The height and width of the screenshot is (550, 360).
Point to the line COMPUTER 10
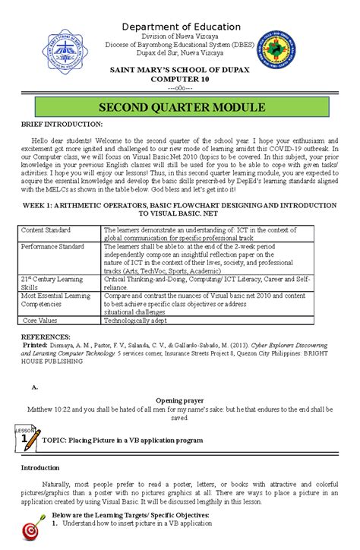click(180, 79)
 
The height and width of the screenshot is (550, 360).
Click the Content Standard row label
click(46, 229)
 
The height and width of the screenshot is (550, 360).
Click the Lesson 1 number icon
click(27, 438)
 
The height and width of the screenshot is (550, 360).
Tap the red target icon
click(31, 529)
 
